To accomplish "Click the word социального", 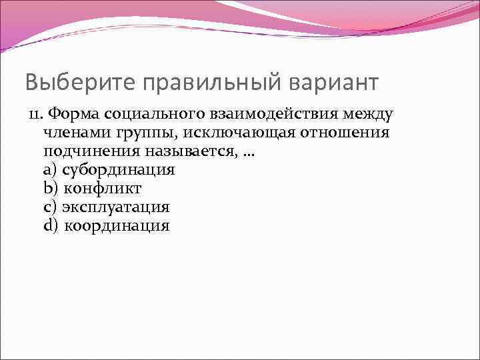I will coord(150,114).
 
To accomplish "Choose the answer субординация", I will coord(118,170).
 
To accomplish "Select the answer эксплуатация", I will coord(115,207).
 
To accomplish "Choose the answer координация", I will coord(117,226).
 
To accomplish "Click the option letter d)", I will coord(50,226).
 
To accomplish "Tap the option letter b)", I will coord(50,189).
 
